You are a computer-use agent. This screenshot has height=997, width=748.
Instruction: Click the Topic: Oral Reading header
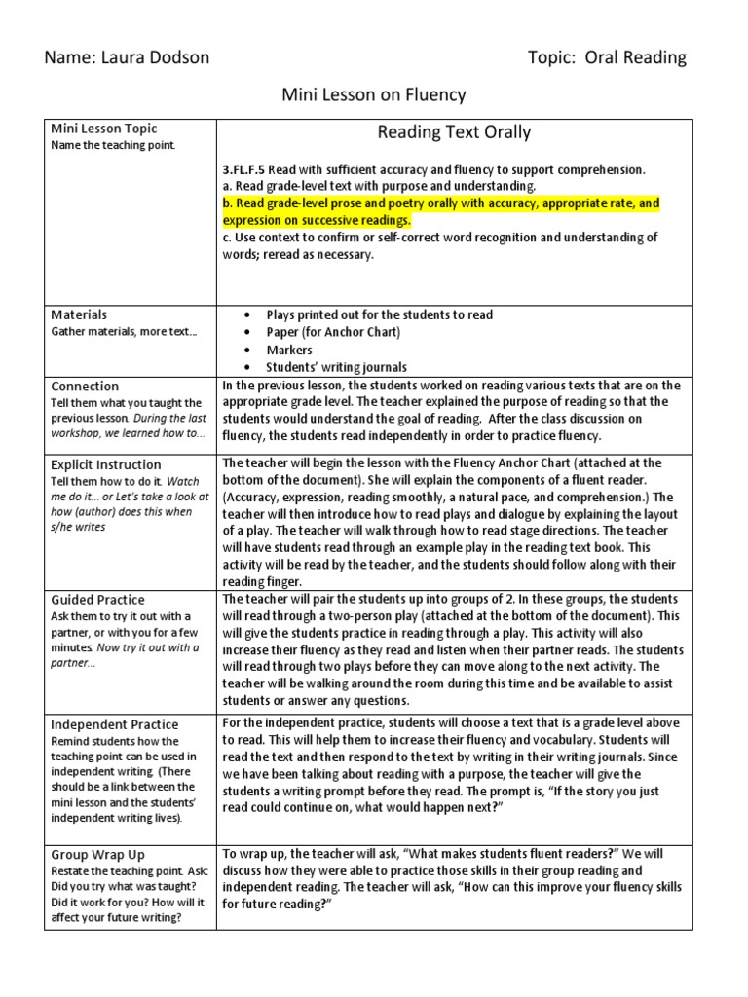click(x=606, y=58)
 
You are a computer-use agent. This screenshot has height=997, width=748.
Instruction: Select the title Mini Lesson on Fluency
click(x=374, y=94)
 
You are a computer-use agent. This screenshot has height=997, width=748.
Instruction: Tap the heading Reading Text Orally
click(x=454, y=132)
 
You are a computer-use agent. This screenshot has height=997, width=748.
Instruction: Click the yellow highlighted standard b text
click(x=440, y=212)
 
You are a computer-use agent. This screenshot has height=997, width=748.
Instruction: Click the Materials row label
click(x=79, y=314)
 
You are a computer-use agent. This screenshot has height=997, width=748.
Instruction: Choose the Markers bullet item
click(x=289, y=350)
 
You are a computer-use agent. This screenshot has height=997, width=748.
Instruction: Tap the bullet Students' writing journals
click(x=336, y=367)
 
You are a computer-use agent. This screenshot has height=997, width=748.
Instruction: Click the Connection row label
click(x=85, y=386)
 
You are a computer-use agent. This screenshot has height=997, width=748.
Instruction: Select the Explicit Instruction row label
click(x=106, y=464)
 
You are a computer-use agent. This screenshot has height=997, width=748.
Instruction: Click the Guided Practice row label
click(x=97, y=600)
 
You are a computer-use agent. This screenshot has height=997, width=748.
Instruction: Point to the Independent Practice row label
click(x=115, y=724)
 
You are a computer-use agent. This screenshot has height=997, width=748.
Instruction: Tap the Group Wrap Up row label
click(x=96, y=853)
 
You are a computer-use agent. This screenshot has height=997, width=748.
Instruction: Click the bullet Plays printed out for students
click(x=379, y=314)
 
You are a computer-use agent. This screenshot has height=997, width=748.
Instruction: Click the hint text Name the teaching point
click(x=113, y=145)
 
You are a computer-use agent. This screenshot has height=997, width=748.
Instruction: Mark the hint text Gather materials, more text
click(x=123, y=332)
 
